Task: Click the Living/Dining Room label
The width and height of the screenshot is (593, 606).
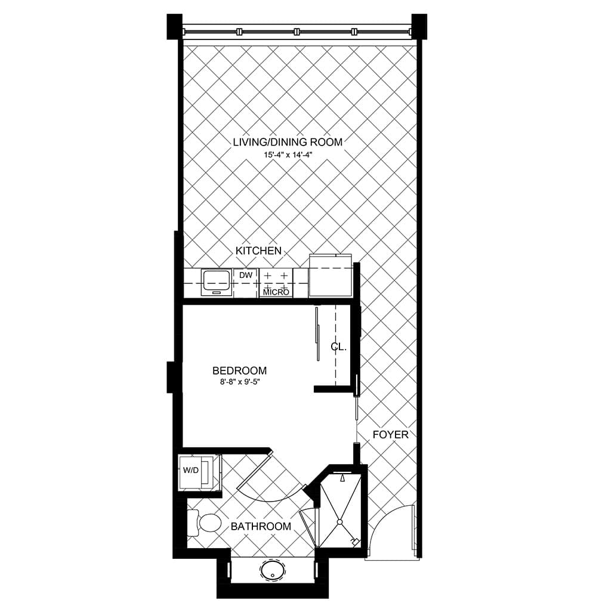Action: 288,142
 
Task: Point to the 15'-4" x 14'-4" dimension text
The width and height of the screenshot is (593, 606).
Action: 288,155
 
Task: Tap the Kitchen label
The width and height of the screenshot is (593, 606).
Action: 258,251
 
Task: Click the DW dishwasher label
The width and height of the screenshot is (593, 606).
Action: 246,275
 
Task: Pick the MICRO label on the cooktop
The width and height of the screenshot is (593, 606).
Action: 276,292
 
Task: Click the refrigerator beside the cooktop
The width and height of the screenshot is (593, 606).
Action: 330,276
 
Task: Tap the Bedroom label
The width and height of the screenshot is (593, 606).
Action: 240,370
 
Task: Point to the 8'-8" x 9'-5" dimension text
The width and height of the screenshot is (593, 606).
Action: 240,382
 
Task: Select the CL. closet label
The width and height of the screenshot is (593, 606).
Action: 339,347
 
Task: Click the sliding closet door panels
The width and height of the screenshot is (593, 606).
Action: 317,333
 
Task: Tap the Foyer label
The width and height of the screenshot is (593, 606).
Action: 390,435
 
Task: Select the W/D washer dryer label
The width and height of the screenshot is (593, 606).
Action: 190,471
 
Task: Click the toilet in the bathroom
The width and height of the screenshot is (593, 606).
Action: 203,523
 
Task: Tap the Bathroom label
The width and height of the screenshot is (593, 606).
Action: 261,527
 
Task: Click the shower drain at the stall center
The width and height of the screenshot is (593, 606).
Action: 340,522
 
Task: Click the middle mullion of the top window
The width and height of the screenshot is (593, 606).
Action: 297,32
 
